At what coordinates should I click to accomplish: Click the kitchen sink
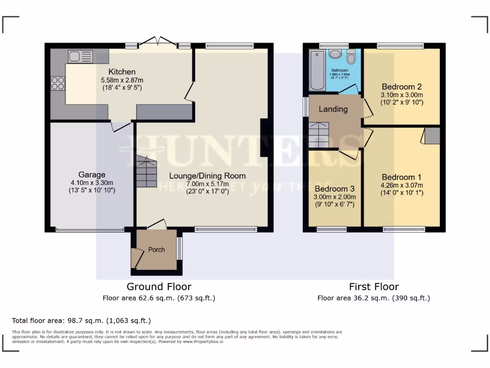coord(77,57)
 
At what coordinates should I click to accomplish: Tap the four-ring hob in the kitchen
coord(58,83)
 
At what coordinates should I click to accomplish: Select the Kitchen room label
coord(122,72)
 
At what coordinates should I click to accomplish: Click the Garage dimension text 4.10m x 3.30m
coord(92,183)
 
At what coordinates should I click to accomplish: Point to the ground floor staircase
coord(146,172)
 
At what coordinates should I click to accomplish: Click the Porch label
coord(156,250)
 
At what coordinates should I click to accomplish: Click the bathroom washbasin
coord(335,54)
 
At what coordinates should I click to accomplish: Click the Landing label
coord(333,109)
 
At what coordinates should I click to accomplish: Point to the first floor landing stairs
coord(319,135)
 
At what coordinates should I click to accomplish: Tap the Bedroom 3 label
coord(334,188)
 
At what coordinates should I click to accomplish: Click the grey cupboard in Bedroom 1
coord(432,136)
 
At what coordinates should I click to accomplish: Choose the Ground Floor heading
coord(159,287)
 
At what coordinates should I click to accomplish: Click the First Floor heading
coord(374,287)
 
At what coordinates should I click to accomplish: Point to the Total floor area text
coord(81,320)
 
